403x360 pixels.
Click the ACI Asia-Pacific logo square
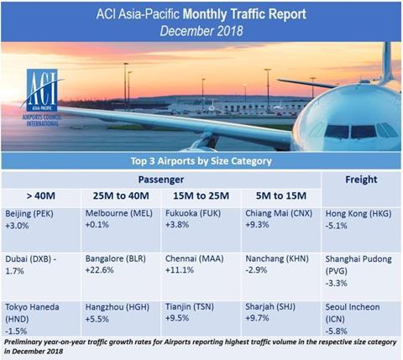pyautogui.click(x=42, y=90)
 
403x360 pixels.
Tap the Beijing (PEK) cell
pyautogui.click(x=41, y=229)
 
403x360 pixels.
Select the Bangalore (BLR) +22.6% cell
pyautogui.click(x=121, y=276)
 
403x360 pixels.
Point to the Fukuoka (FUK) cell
pyautogui.click(x=201, y=229)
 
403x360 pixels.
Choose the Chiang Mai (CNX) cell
pyautogui.click(x=281, y=229)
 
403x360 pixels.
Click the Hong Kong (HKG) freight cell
pyautogui.click(x=361, y=229)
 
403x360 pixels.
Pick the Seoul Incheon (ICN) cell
pyautogui.click(x=361, y=319)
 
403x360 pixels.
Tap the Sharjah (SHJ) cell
pyautogui.click(x=281, y=319)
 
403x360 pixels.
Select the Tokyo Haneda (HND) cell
pyautogui.click(x=41, y=319)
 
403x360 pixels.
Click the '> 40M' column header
pyautogui.click(x=41, y=196)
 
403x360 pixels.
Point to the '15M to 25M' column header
pyautogui.click(x=201, y=196)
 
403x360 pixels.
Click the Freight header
pyautogui.click(x=361, y=180)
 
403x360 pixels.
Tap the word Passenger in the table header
pyautogui.click(x=161, y=180)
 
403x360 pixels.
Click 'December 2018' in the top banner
pyautogui.click(x=201, y=31)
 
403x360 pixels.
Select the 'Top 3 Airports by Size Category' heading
pyautogui.click(x=201, y=161)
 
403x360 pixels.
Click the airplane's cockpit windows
pyautogui.click(x=359, y=131)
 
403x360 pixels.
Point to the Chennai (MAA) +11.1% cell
pyautogui.click(x=201, y=276)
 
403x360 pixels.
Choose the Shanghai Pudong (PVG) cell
pyautogui.click(x=361, y=276)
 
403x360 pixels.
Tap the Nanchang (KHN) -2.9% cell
pyautogui.click(x=281, y=276)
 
